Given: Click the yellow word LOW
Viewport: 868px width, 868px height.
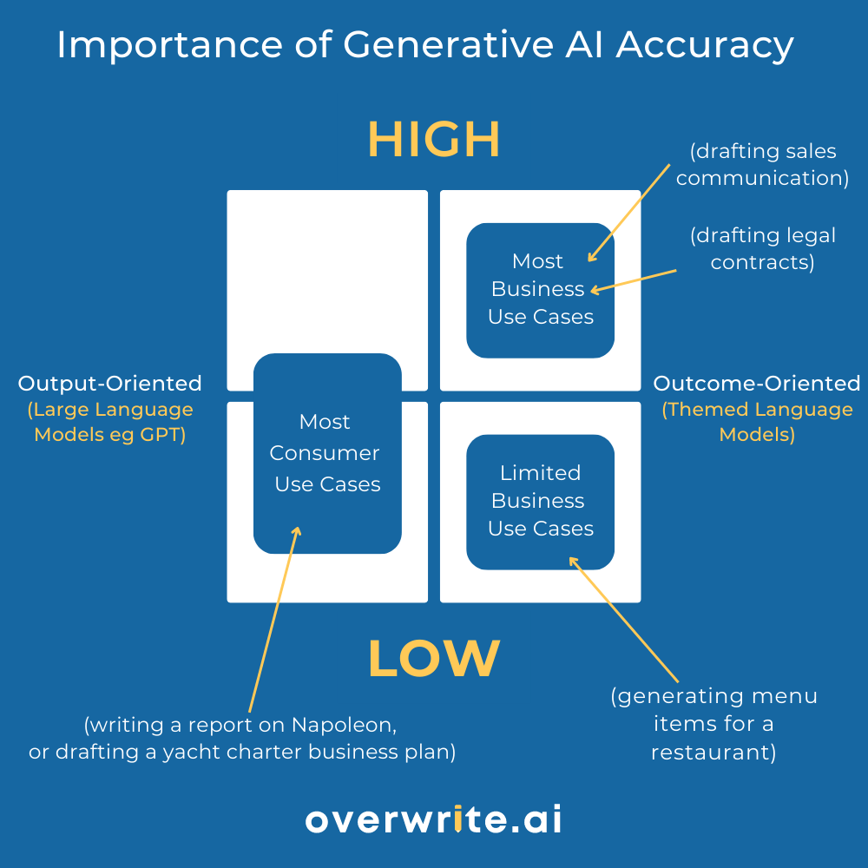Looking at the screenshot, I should (x=434, y=659).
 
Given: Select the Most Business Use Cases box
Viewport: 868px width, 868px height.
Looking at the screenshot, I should (x=540, y=290).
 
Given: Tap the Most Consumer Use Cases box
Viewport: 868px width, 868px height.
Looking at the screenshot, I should (x=327, y=453).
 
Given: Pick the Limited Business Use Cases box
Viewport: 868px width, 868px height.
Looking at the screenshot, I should (x=540, y=501).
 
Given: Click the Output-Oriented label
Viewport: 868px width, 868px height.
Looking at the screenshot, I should (x=109, y=384).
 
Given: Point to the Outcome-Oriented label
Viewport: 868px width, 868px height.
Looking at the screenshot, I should (x=757, y=384).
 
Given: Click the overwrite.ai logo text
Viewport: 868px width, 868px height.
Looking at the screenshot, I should (x=433, y=819).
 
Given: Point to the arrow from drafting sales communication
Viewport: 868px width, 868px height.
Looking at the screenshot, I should (x=629, y=211).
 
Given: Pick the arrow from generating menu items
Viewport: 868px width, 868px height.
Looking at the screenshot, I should (x=623, y=619).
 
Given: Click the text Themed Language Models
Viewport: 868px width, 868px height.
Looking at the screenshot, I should (x=757, y=422).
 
